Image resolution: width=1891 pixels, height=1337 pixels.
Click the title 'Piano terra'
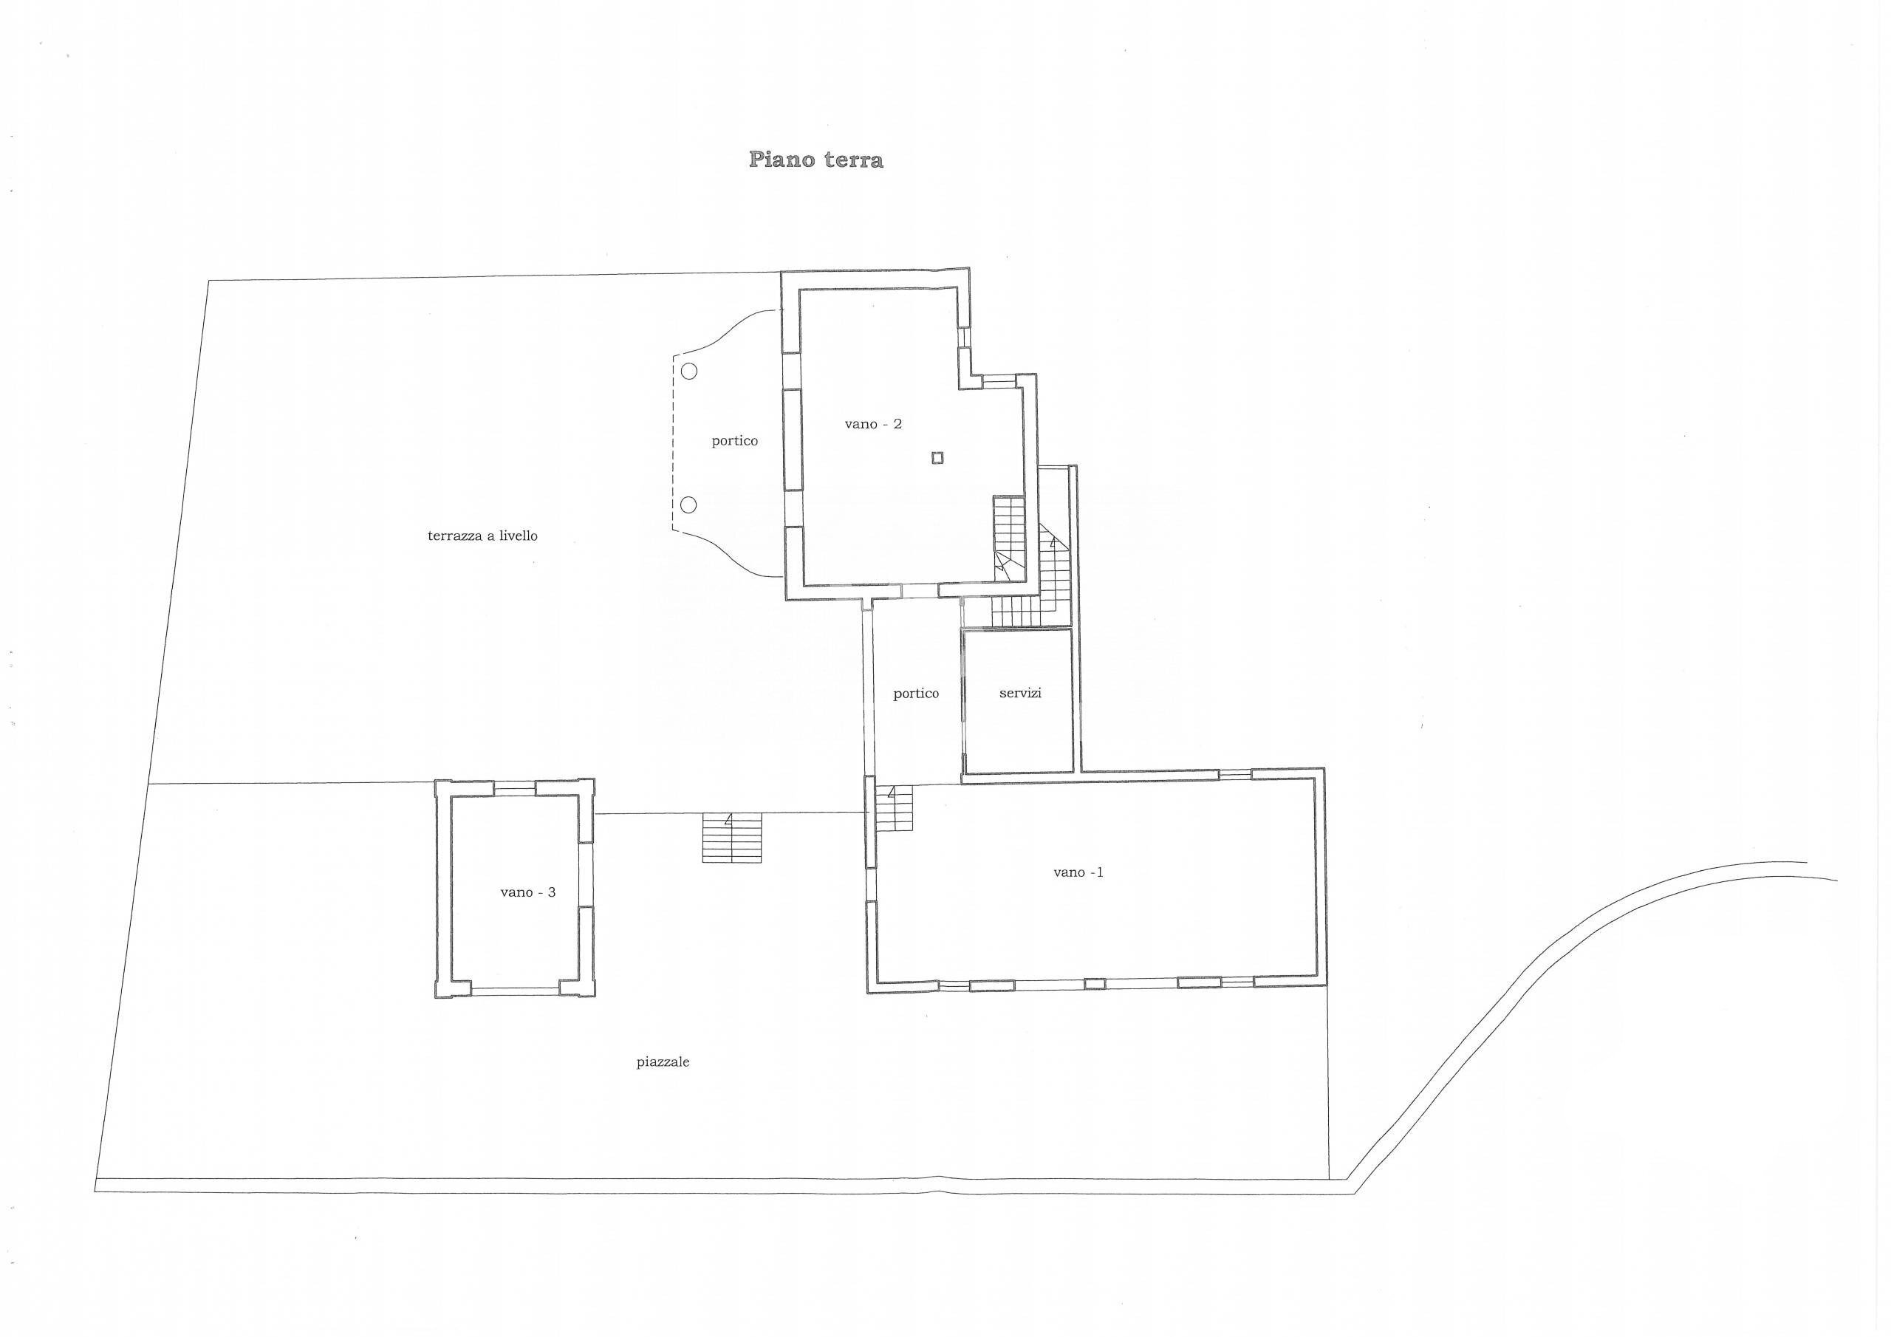coord(815,160)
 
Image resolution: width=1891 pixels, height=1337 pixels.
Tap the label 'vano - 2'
coord(873,424)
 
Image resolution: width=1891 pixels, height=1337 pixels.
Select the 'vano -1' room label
coord(1078,872)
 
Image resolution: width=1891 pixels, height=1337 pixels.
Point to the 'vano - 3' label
coord(528,892)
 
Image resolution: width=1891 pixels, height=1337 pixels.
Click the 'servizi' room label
coord(1020,694)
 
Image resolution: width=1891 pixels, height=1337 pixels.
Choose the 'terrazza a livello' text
coord(482,536)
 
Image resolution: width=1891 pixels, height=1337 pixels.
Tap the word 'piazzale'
coord(662,1063)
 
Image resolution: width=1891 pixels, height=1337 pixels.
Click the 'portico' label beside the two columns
coord(735,442)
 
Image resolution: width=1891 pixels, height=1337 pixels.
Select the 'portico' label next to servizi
coord(916,694)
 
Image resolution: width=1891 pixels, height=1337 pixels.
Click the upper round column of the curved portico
coord(689,372)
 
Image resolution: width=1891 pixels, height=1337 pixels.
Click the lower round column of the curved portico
coord(689,505)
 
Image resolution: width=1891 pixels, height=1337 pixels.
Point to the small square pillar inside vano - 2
coord(937,458)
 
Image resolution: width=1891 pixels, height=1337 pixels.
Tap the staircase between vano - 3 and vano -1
coord(732,838)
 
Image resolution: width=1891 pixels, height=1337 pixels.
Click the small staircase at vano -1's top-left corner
coord(895,809)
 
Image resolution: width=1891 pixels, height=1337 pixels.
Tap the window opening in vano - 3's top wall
coord(514,787)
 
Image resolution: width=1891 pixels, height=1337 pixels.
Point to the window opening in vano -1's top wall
coord(1234,774)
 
